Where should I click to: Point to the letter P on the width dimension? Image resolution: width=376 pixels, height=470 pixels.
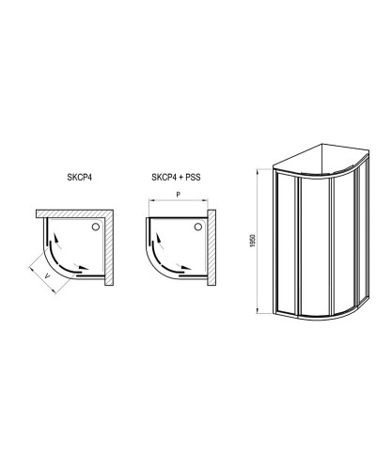177,195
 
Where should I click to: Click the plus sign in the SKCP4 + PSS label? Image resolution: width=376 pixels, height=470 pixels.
178,178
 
